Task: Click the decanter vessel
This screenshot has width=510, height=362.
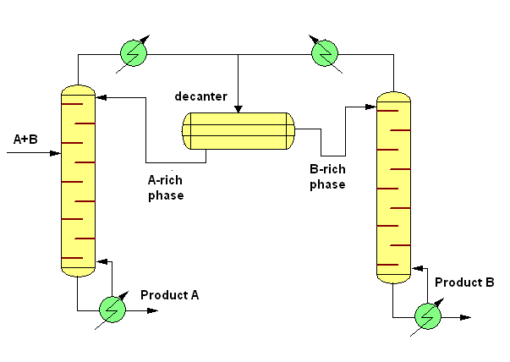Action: tap(239, 130)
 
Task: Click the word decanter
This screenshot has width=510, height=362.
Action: tap(200, 96)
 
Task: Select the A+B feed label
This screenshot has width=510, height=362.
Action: tap(26, 137)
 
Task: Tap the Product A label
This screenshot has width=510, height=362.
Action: tap(169, 295)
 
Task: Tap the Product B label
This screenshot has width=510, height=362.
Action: tap(464, 282)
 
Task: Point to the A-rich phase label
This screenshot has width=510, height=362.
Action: tap(165, 187)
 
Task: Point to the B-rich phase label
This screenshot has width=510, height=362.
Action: tap(326, 177)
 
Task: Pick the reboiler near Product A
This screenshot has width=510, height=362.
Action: tap(111, 310)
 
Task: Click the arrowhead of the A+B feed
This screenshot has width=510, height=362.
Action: tap(58, 154)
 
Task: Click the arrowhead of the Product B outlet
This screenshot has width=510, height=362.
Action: tap(467, 317)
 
